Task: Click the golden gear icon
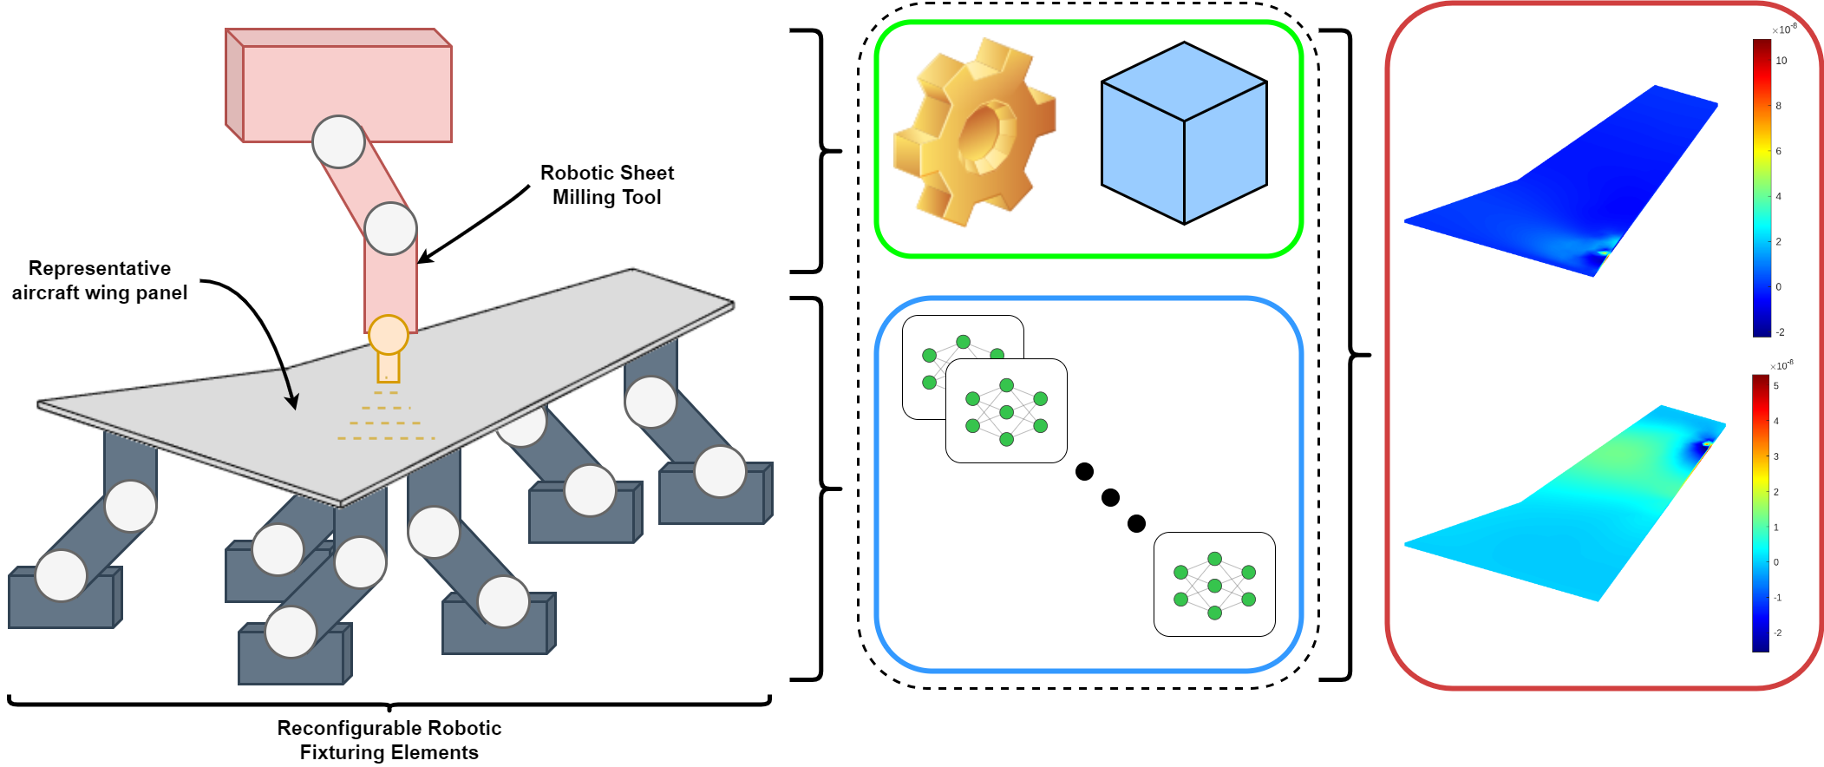tap(974, 132)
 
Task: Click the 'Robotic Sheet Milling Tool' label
tap(606, 185)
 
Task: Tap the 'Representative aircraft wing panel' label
tap(99, 280)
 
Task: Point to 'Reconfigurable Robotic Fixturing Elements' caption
tap(389, 739)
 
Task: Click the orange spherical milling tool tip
tap(388, 335)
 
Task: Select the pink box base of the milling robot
tap(347, 91)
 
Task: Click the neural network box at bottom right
tap(1214, 585)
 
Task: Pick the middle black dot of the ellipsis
tap(1110, 497)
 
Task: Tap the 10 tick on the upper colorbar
tap(1781, 61)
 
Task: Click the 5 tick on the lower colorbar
tap(1775, 386)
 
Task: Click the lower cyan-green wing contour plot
tap(1561, 512)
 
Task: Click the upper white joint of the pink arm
tap(338, 141)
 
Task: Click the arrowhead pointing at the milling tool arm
tap(423, 258)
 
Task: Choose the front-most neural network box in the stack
tap(1006, 411)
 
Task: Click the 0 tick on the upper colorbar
tap(1778, 287)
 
